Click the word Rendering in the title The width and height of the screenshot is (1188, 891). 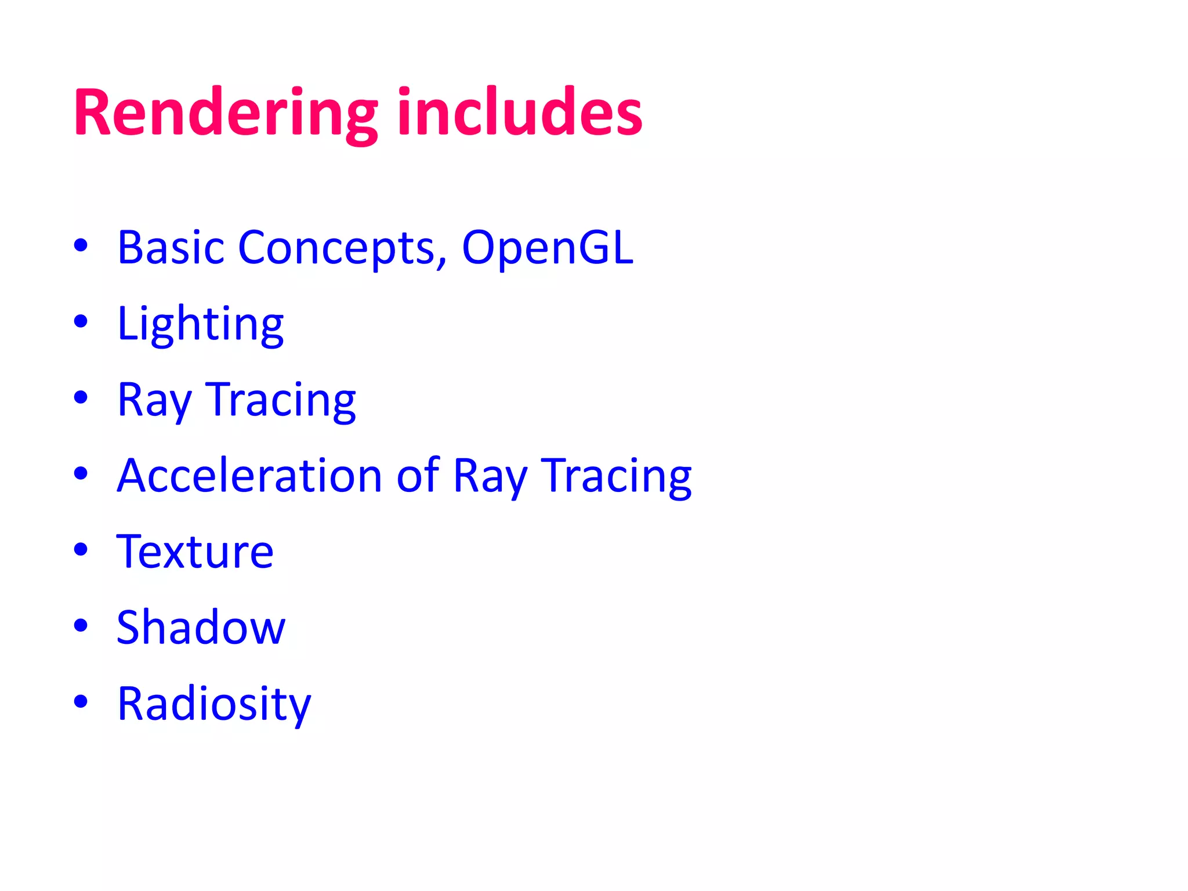tap(225, 113)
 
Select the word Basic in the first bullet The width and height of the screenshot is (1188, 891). tap(171, 248)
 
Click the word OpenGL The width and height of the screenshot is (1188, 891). tap(547, 248)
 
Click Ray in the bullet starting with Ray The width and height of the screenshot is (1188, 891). tap(154, 400)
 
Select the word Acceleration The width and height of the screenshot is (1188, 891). tap(249, 476)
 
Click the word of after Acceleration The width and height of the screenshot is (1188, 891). tap(418, 476)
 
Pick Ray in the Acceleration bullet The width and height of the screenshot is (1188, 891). tap(490, 476)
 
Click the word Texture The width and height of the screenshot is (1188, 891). tap(195, 552)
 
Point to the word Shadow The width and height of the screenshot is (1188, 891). tap(201, 628)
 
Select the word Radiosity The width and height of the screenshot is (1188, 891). tap(214, 704)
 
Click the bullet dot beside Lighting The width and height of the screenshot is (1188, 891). tap(81, 321)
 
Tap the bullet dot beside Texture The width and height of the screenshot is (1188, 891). tap(81, 549)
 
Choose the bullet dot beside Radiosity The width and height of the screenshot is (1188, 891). tap(81, 701)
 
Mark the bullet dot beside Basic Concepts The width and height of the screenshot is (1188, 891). tap(81, 245)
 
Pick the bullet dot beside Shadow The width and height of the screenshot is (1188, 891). tap(81, 625)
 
